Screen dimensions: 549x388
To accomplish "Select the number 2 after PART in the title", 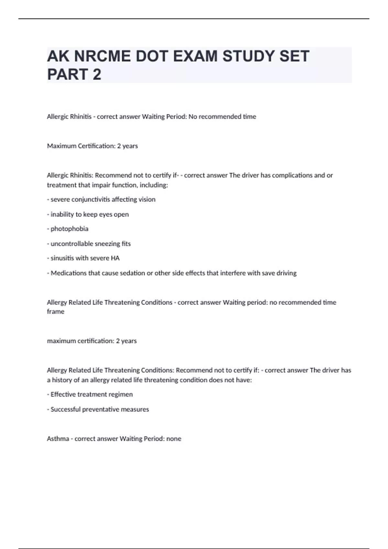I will (x=97, y=74).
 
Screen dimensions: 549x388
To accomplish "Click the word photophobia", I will (x=70, y=229).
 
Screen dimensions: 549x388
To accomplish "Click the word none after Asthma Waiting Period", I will (x=174, y=439).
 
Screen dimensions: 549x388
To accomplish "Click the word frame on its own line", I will (x=56, y=312).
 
